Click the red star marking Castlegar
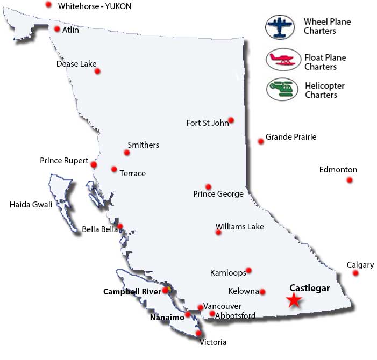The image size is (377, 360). click(293, 300)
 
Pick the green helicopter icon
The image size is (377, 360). click(282, 88)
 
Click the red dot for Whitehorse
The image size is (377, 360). click(48, 4)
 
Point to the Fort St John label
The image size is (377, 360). click(207, 123)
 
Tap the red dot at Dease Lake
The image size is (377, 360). click(97, 70)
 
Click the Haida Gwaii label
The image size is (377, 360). click(31, 204)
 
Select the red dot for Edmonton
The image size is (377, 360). click(350, 180)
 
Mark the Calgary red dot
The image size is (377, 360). click(355, 273)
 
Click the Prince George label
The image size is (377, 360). click(218, 194)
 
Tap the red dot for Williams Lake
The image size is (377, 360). click(218, 233)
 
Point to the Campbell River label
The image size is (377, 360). click(131, 292)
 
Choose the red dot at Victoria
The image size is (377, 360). click(198, 333)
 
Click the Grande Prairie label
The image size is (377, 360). click(291, 137)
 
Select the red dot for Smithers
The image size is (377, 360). click(127, 153)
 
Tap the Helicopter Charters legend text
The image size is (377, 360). click(325, 90)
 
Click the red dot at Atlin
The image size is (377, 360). click(57, 29)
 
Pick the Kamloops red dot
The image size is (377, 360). click(248, 270)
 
